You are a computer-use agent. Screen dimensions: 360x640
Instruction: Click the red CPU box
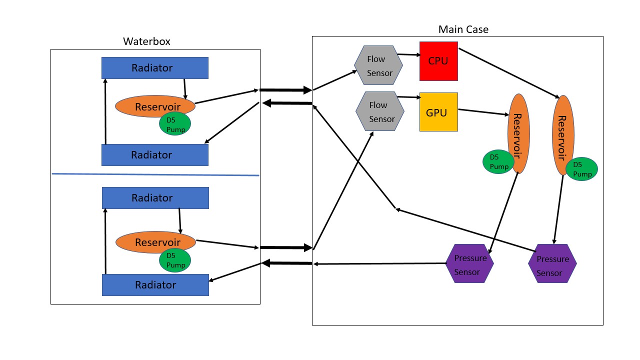tap(438, 61)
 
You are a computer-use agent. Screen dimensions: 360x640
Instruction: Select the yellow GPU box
tap(438, 112)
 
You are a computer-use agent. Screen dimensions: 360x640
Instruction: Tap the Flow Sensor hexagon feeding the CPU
tap(378, 65)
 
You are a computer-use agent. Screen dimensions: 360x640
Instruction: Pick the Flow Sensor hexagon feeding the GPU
tap(380, 111)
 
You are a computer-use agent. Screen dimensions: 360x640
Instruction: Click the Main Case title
tap(463, 29)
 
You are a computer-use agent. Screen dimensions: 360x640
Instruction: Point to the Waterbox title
tap(146, 41)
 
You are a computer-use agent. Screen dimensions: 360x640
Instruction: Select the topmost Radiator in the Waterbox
tap(155, 68)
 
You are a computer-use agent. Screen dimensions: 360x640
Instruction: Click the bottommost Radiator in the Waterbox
tap(155, 285)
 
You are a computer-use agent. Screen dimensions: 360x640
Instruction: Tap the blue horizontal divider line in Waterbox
tap(155, 174)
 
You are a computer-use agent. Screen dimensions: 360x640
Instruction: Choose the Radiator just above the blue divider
tap(155, 155)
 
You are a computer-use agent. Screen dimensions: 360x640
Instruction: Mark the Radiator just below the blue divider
tap(155, 198)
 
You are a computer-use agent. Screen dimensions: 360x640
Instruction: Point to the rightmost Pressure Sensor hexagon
tap(552, 263)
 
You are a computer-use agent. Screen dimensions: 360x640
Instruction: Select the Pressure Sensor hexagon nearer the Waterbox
tap(469, 263)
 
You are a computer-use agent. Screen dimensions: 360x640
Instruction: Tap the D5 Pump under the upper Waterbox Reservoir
tap(175, 124)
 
